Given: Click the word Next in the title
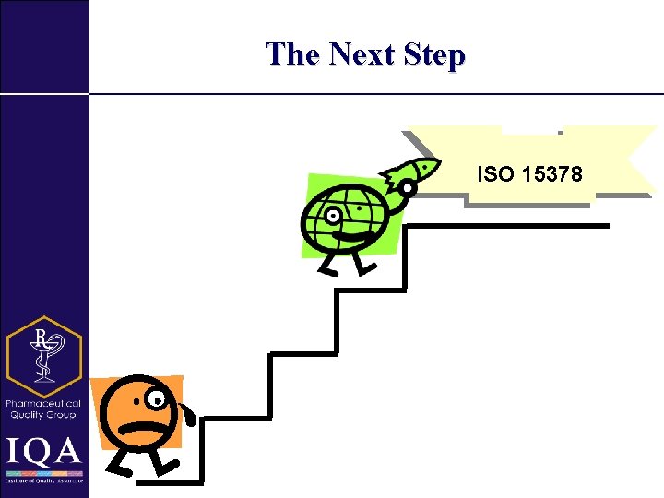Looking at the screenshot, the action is point(365,54).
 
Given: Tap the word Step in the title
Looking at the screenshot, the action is point(433,55).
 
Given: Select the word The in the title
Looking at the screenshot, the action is point(292,54).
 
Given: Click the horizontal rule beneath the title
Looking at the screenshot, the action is point(369,93).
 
